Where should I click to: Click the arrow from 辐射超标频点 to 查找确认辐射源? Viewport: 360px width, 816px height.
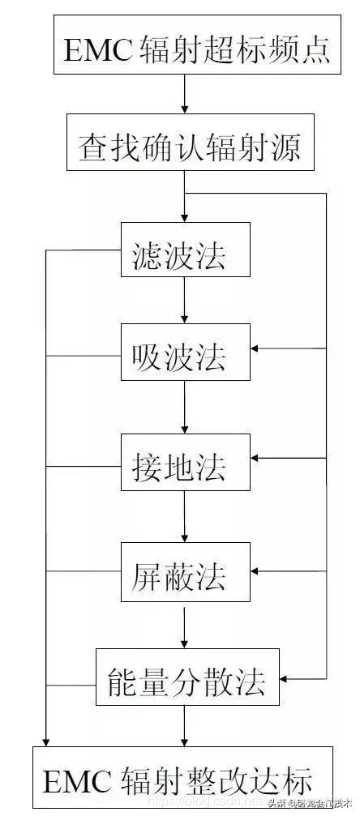click(185, 96)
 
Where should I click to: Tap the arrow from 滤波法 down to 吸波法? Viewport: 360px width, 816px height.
click(185, 300)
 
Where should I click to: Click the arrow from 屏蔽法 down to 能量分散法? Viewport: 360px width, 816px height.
click(185, 625)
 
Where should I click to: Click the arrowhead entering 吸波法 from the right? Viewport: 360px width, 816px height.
click(256, 349)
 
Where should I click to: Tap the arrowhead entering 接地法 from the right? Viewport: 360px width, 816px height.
click(256, 460)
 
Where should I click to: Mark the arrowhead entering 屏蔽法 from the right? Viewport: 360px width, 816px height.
click(256, 571)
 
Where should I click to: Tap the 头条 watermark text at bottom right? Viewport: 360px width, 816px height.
click(276, 804)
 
